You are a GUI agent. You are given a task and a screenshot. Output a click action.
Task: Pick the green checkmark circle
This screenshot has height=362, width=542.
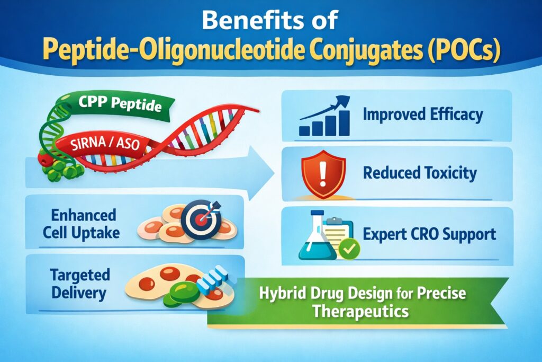349,248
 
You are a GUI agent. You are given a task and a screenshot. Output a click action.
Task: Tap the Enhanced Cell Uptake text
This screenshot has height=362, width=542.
83,224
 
